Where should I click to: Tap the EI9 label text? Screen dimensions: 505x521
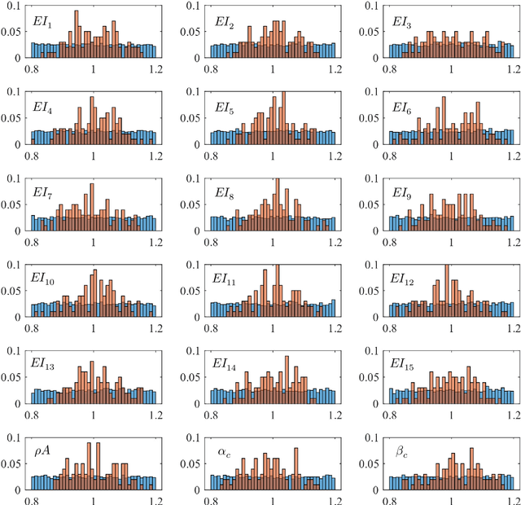pos(402,193)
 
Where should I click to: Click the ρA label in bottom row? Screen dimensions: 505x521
pos(44,450)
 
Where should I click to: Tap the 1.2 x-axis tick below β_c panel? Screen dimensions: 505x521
pos(514,498)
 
